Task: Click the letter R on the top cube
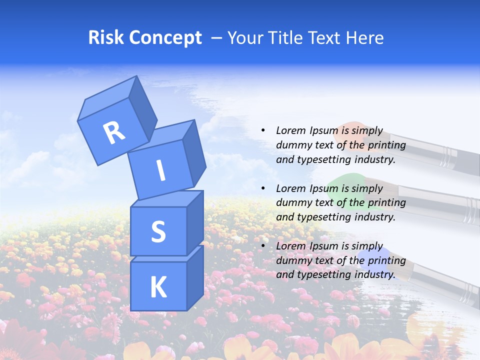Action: [114, 132]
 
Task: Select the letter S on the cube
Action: [158, 232]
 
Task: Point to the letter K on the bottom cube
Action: [158, 287]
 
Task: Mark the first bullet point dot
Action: [263, 130]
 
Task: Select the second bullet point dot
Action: [263, 188]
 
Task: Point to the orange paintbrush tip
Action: [349, 130]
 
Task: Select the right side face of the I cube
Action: [194, 152]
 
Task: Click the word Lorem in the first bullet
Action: [290, 130]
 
